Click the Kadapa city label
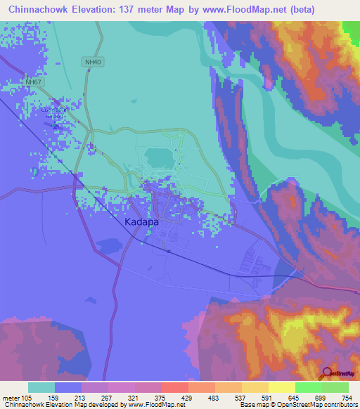pyautogui.click(x=141, y=221)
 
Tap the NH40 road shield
pyautogui.click(x=93, y=62)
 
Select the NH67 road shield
pyautogui.click(x=33, y=82)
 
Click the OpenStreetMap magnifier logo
pyautogui.click(x=326, y=373)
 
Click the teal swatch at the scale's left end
pyautogui.click(x=41, y=387)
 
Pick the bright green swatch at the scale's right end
pyautogui.click(x=335, y=387)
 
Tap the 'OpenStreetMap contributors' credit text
pyautogui.click(x=320, y=404)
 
